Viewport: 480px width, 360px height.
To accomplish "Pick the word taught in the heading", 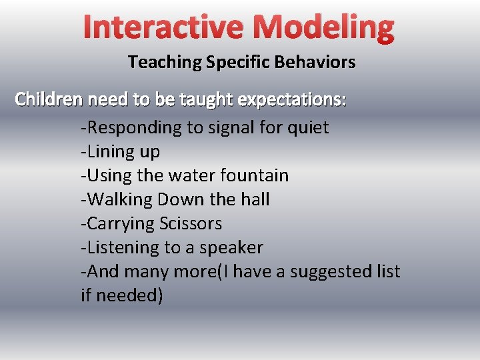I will point(203,99).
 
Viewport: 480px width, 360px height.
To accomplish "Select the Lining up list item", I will point(121,151).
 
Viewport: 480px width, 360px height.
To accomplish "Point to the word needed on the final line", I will point(129,295).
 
